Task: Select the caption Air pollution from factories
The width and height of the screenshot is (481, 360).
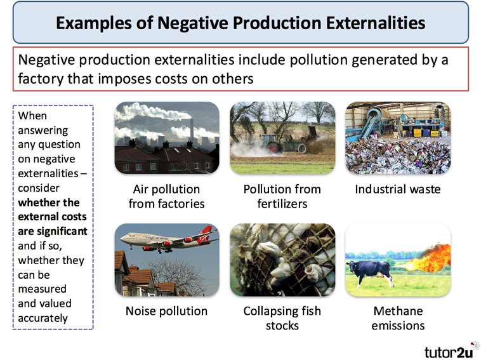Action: click(166, 196)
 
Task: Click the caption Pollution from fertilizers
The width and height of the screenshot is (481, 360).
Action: click(282, 196)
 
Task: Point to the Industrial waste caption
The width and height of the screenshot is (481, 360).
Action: click(397, 189)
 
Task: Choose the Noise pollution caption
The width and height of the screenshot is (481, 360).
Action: click(166, 311)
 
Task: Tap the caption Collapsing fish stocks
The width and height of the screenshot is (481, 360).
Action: click(282, 318)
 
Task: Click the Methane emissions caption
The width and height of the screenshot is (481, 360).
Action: click(397, 318)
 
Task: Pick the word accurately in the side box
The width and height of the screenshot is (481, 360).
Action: click(43, 318)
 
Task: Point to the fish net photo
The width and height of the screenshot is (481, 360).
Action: click(282, 260)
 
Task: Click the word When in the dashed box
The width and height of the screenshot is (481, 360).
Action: click(32, 116)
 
